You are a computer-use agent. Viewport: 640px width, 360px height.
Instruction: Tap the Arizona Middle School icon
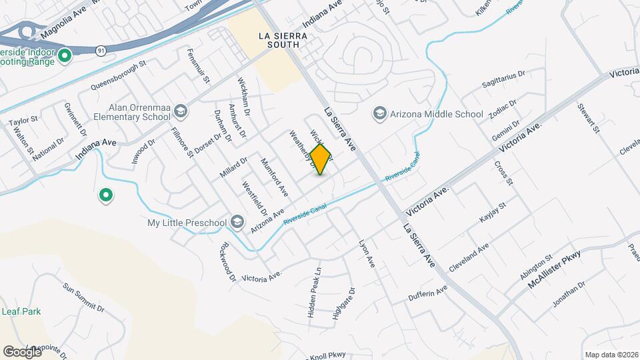[x=380, y=114]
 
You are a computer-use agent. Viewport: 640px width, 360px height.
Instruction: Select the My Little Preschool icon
[x=237, y=221]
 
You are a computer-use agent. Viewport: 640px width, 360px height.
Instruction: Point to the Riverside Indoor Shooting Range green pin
[x=65, y=56]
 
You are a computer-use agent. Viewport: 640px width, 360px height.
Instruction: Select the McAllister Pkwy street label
[x=554, y=269]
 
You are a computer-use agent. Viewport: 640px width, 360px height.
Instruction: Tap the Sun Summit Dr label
[x=84, y=297]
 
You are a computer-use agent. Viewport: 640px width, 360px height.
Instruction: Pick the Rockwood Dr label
[x=225, y=261]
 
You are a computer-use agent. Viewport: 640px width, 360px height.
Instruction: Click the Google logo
[x=22, y=351]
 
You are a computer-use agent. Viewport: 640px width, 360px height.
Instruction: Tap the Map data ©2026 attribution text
[x=610, y=355]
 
